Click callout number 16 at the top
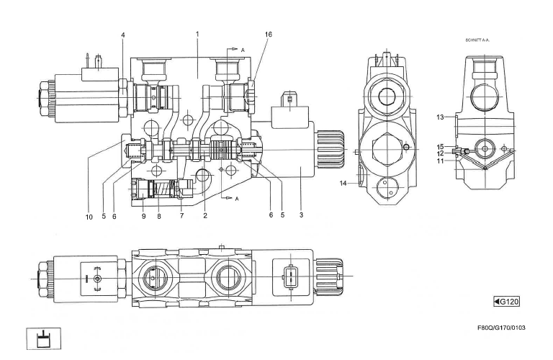[269, 35]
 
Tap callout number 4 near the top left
[122, 35]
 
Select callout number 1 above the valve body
[197, 35]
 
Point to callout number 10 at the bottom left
[89, 217]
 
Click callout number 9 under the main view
[143, 216]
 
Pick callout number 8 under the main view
[159, 217]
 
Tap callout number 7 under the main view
[181, 215]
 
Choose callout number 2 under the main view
[205, 215]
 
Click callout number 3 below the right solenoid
[301, 215]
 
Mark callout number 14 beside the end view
[343, 183]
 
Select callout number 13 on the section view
[440, 117]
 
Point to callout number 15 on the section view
[440, 147]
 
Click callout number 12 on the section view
[440, 154]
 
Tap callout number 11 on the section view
[440, 161]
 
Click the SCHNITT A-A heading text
[477, 40]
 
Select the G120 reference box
[506, 302]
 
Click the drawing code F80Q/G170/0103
[501, 328]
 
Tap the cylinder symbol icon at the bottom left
[44, 339]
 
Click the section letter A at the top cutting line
[243, 50]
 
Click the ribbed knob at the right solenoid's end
[330, 150]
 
